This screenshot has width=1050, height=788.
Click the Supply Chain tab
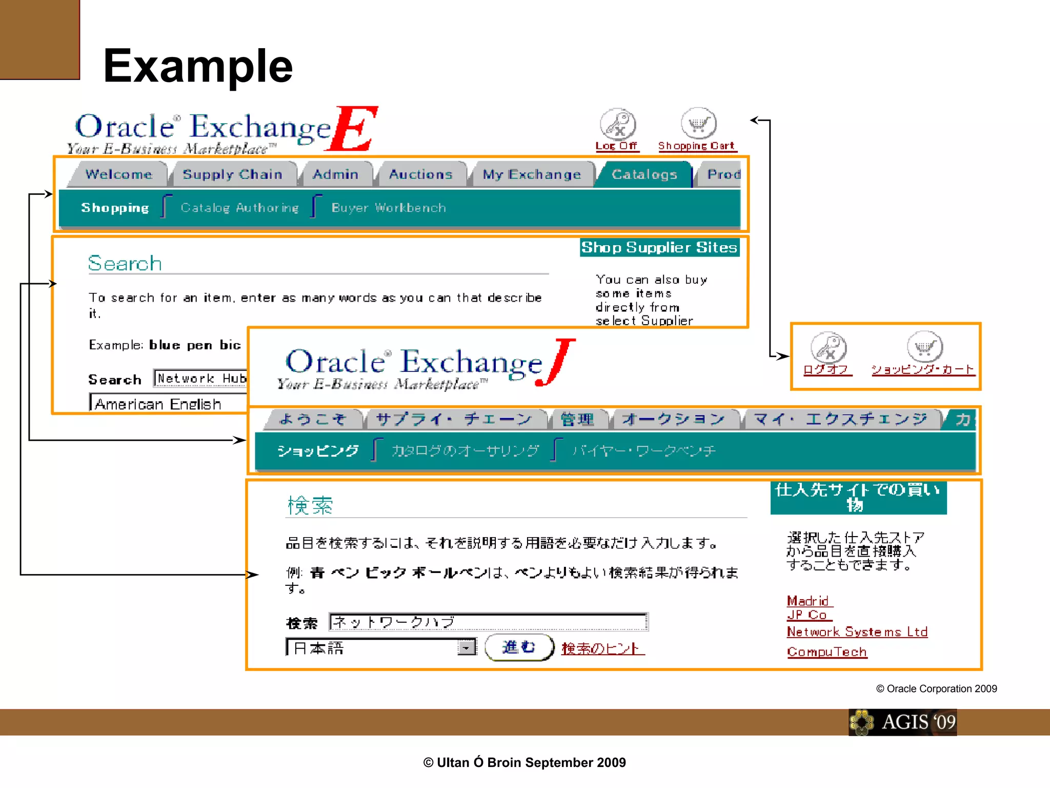[x=232, y=174]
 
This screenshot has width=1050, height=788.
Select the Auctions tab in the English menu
[x=420, y=174]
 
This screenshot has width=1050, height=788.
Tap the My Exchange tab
[x=532, y=174]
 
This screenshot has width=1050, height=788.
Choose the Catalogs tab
[x=644, y=174]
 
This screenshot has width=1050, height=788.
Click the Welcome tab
[x=118, y=174]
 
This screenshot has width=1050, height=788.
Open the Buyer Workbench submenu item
[x=389, y=208]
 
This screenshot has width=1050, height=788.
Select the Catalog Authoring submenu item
[x=239, y=208]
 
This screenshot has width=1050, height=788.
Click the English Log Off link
[x=616, y=146]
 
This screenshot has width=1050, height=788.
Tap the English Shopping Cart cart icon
[x=698, y=124]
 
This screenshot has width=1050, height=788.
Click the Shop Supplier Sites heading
[x=659, y=247]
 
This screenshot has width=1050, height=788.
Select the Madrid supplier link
[x=808, y=601]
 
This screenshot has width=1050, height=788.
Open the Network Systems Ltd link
[x=857, y=632]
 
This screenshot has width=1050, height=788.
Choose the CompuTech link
[x=827, y=652]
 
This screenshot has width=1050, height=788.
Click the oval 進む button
[x=519, y=647]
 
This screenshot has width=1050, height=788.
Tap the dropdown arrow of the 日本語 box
[x=466, y=648]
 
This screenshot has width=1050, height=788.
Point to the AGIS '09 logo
[x=903, y=722]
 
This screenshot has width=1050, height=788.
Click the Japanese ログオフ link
[x=826, y=369]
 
